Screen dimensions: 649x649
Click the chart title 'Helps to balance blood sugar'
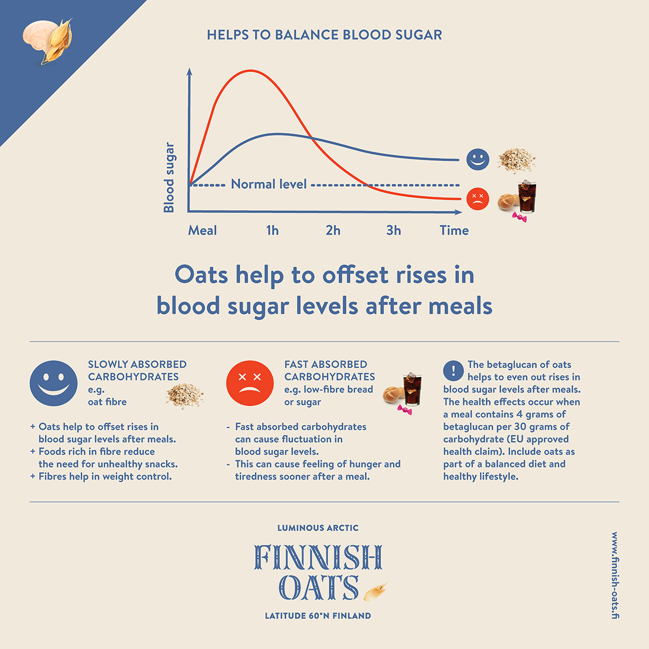325,35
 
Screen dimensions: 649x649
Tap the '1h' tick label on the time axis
273,230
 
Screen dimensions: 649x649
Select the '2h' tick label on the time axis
333,230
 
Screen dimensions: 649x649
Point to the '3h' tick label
394,230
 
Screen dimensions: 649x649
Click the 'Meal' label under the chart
202,230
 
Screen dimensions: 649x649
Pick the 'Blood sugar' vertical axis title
169,177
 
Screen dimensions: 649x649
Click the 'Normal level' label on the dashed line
269,184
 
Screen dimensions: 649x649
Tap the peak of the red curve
250,70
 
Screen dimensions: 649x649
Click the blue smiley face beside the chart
478,160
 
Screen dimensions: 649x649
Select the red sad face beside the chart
478,199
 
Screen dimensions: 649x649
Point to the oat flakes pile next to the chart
516,160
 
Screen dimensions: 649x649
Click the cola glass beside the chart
527,197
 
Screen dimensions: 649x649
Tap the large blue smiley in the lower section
54,383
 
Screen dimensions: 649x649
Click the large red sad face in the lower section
250,383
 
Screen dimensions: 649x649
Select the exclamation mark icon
453,371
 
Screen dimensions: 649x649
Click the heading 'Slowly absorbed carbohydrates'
137,370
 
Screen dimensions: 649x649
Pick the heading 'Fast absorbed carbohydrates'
329,370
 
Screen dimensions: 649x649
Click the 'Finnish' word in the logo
319,558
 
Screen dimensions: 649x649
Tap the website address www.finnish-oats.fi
615,575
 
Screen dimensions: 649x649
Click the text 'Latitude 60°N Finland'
318,615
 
